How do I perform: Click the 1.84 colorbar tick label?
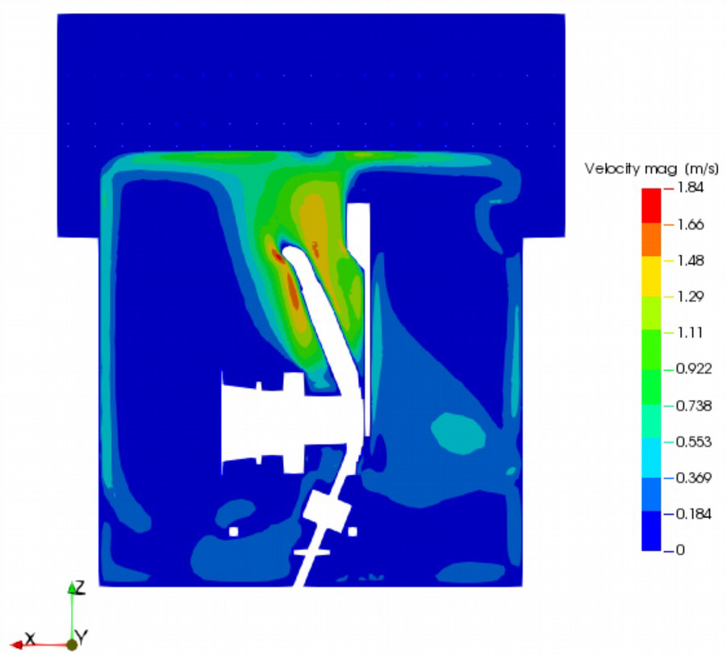point(690,188)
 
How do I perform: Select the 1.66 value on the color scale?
point(690,224)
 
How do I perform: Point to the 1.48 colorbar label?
point(690,261)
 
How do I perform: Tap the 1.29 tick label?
point(690,297)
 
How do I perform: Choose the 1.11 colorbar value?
point(690,333)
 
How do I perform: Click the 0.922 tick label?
point(694,369)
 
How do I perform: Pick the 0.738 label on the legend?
point(694,406)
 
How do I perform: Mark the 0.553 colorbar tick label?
point(694,441)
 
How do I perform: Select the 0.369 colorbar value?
point(694,478)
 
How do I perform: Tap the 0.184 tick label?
point(694,514)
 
